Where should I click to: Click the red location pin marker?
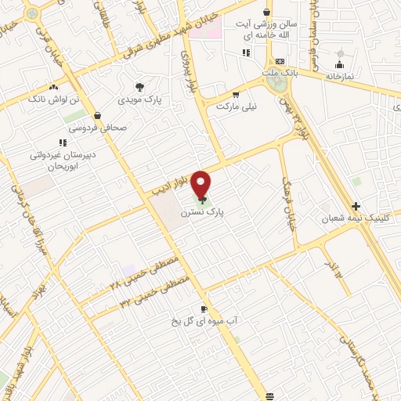[201, 184]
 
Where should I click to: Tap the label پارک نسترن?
[201, 212]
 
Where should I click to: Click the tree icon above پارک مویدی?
[139, 87]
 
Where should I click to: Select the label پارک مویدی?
[139, 100]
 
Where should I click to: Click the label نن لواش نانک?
[53, 100]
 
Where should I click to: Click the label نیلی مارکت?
[233, 105]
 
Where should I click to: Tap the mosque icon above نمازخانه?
[340, 63]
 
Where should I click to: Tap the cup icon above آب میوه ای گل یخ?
[204, 309]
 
